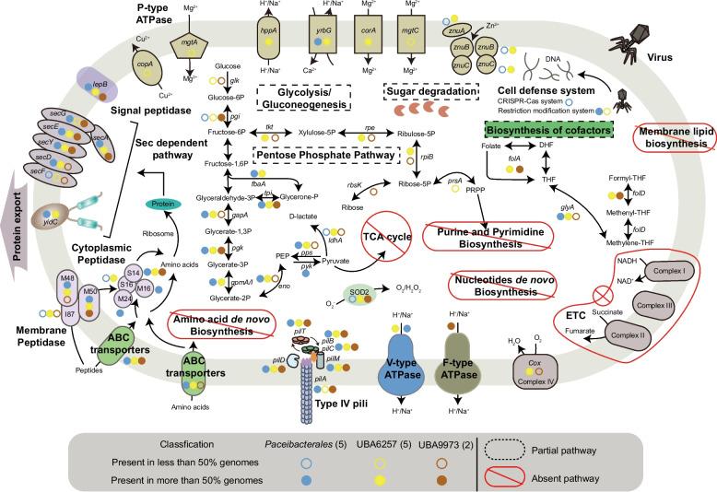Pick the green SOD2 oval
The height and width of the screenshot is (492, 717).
tap(358, 293)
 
